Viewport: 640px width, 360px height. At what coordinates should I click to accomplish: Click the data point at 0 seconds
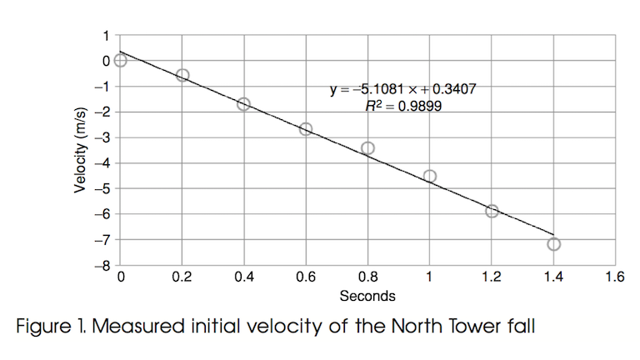121,60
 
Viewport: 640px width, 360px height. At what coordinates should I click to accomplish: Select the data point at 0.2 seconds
182,75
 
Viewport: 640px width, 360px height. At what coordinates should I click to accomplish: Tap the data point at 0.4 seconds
243,104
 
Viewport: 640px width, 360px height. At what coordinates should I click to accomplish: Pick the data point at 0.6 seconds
306,128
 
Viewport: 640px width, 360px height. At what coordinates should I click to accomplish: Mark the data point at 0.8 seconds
367,148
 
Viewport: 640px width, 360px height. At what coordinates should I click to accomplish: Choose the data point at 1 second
430,176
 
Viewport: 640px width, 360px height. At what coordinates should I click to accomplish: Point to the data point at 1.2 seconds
492,212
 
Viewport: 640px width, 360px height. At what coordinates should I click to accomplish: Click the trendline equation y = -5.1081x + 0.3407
403,88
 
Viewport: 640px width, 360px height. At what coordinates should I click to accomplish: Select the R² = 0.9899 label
403,106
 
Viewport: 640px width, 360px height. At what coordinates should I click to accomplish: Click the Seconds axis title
367,295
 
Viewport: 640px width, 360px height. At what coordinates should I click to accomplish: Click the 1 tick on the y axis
106,35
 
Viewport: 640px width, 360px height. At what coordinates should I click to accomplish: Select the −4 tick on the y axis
104,163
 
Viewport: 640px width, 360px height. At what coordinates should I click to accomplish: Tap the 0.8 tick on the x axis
367,277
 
